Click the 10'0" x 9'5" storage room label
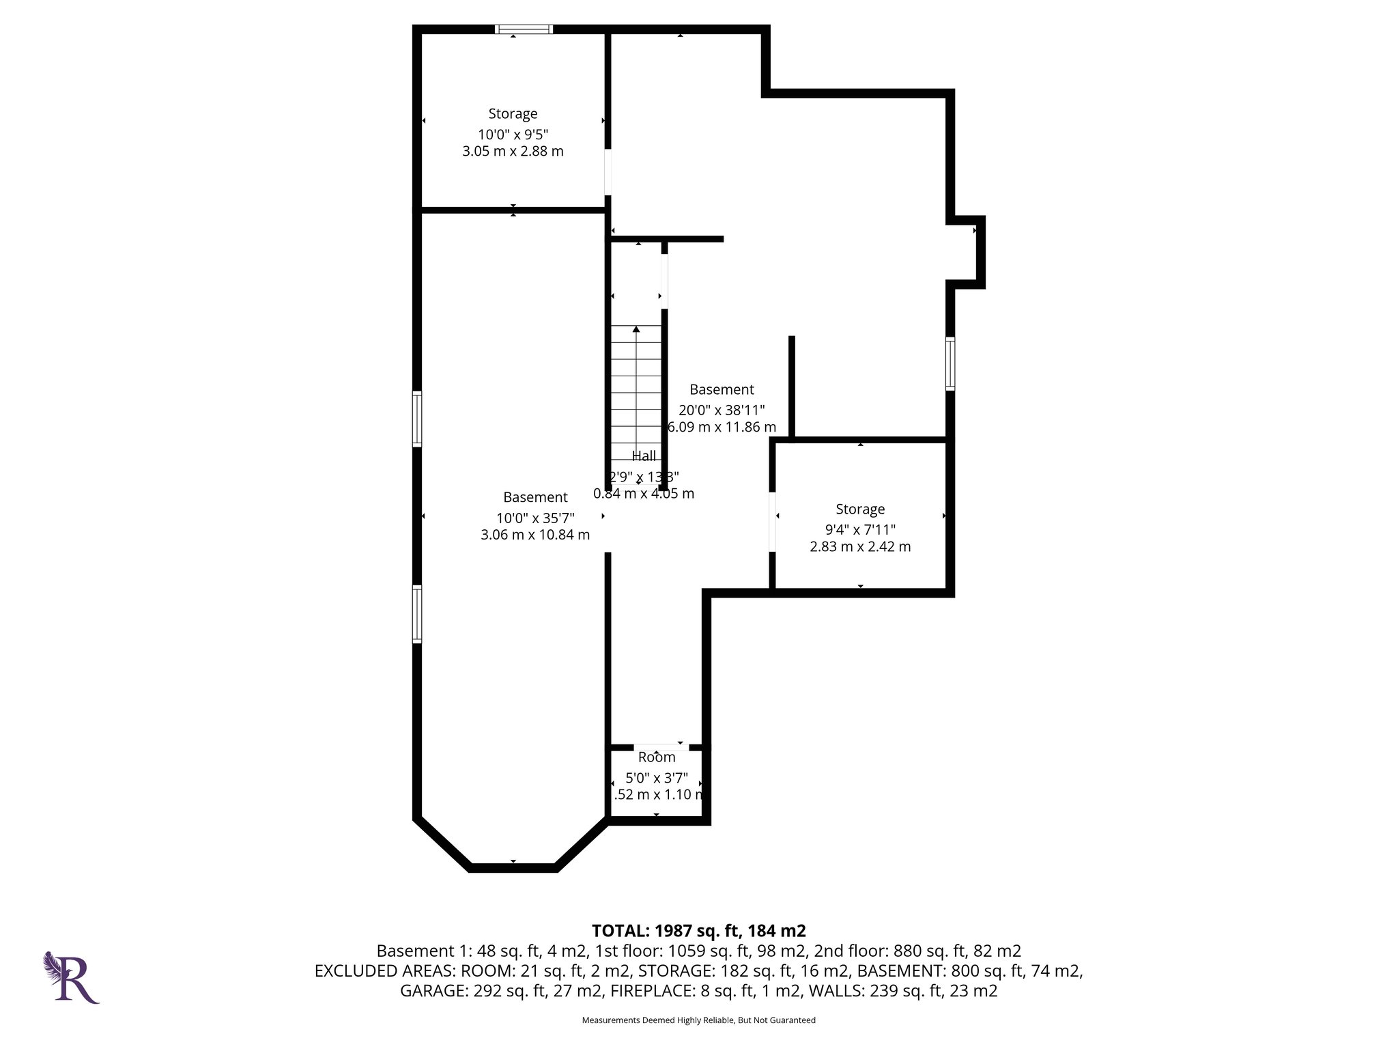coord(513,114)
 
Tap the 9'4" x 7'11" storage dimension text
coord(860,529)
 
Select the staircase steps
coord(636,385)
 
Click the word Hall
coord(644,456)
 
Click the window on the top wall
coord(524,29)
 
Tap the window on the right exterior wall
coord(950,364)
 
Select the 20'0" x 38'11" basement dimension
coord(722,410)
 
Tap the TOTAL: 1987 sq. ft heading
coord(698,931)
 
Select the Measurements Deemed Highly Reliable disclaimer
coord(698,1020)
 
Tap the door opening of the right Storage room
coord(773,521)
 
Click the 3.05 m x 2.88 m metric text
coord(513,152)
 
